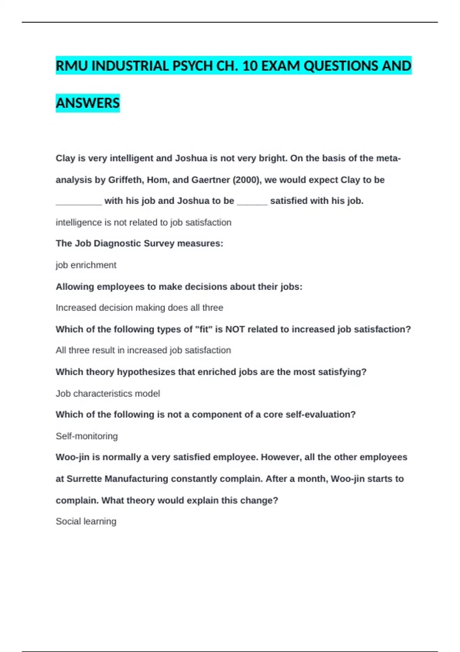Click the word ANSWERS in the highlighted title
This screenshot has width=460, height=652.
point(88,103)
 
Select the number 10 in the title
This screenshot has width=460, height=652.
point(250,66)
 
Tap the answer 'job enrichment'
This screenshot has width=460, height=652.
point(86,265)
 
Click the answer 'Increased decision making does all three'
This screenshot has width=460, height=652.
point(139,308)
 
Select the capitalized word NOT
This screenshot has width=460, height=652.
point(235,329)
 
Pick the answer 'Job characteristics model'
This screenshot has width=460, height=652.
point(108,393)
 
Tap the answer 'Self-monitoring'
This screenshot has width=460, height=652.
point(87,436)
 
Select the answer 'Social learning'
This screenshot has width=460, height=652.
point(86,521)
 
